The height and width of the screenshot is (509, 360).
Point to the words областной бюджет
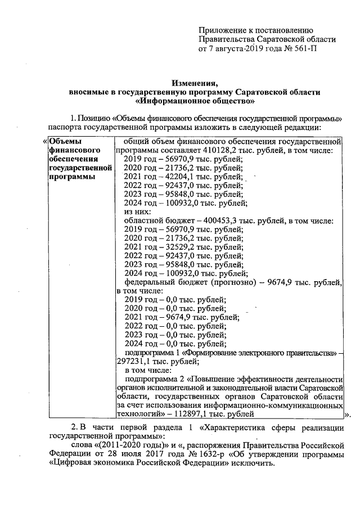[x=155, y=222]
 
